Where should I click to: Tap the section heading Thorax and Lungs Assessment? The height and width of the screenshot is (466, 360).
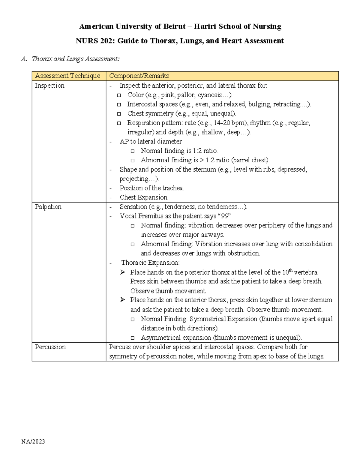click(x=75, y=59)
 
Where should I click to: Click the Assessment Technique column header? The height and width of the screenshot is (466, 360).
click(x=67, y=76)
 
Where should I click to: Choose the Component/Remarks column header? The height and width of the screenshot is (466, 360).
click(x=139, y=76)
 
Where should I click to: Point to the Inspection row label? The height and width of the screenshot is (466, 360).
click(x=49, y=86)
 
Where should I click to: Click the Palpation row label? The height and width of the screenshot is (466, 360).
click(x=48, y=207)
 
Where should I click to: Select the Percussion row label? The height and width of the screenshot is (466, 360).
click(x=50, y=347)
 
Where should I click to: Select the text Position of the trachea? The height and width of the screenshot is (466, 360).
click(x=151, y=188)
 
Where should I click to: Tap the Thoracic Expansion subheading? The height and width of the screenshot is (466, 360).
click(x=150, y=263)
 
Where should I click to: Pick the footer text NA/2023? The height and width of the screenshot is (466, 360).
click(x=33, y=441)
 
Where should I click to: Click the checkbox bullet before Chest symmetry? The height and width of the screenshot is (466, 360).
click(x=119, y=114)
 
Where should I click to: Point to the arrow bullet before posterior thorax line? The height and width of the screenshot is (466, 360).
click(x=122, y=272)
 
